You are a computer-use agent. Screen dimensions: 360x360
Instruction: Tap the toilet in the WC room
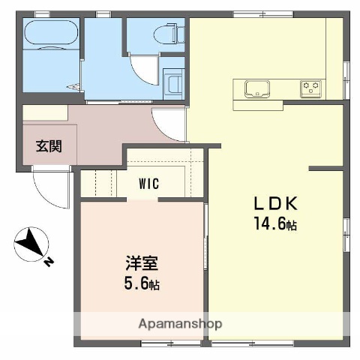tap(166, 34)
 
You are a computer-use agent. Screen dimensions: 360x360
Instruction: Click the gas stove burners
tap(310, 88)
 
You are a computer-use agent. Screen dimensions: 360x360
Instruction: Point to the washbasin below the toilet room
tap(173, 83)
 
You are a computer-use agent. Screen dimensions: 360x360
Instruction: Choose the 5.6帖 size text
tap(142, 284)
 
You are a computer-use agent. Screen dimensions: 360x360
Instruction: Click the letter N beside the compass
tap(48, 262)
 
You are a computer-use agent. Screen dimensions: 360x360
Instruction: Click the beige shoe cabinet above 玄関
tap(45, 113)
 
